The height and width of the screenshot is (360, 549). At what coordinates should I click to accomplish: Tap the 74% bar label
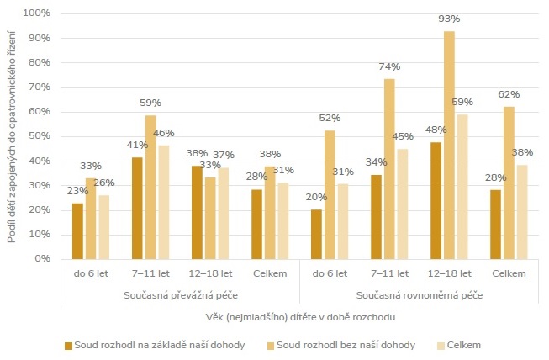click(389, 67)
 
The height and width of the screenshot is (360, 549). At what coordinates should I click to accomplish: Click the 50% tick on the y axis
click(39, 136)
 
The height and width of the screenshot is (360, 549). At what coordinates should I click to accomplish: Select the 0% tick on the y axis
click(42, 258)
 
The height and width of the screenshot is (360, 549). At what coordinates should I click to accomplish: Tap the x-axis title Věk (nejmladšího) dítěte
click(300, 316)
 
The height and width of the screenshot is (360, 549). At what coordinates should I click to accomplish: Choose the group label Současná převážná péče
click(179, 295)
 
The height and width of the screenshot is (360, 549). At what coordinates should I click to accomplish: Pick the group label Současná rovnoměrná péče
click(419, 295)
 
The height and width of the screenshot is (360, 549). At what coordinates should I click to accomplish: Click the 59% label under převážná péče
click(150, 103)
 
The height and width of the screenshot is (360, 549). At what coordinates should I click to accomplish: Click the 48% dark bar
click(436, 200)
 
